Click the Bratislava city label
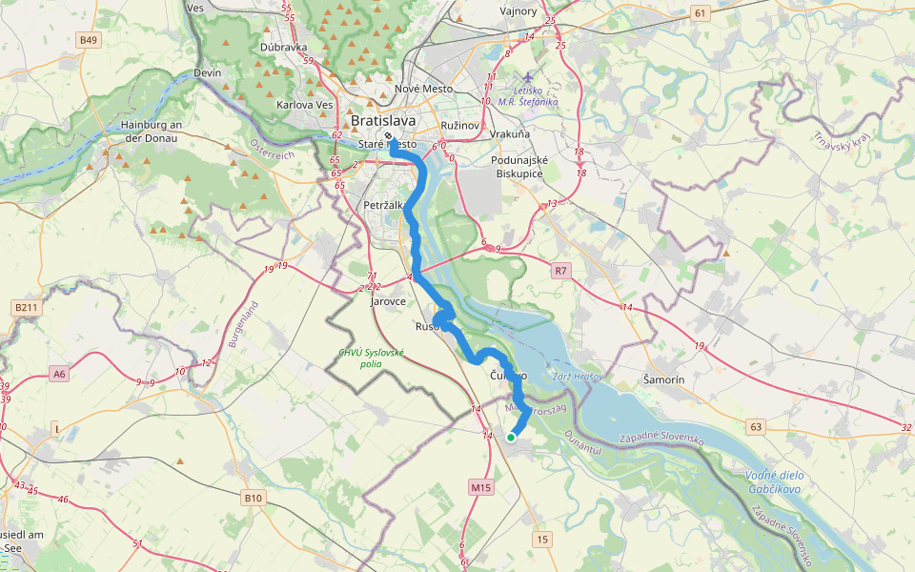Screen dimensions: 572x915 383,121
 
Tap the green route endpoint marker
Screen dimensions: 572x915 511,438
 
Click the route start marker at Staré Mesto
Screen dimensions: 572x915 389,136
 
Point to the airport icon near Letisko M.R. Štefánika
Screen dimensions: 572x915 529,76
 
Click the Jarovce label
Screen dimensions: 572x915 388,300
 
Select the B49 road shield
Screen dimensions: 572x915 89,40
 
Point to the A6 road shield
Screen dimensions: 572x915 60,375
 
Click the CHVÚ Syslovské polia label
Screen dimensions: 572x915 372,357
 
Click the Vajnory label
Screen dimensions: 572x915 518,11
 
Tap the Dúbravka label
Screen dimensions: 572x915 282,46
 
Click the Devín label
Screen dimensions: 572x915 207,72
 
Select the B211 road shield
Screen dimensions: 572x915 27,307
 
